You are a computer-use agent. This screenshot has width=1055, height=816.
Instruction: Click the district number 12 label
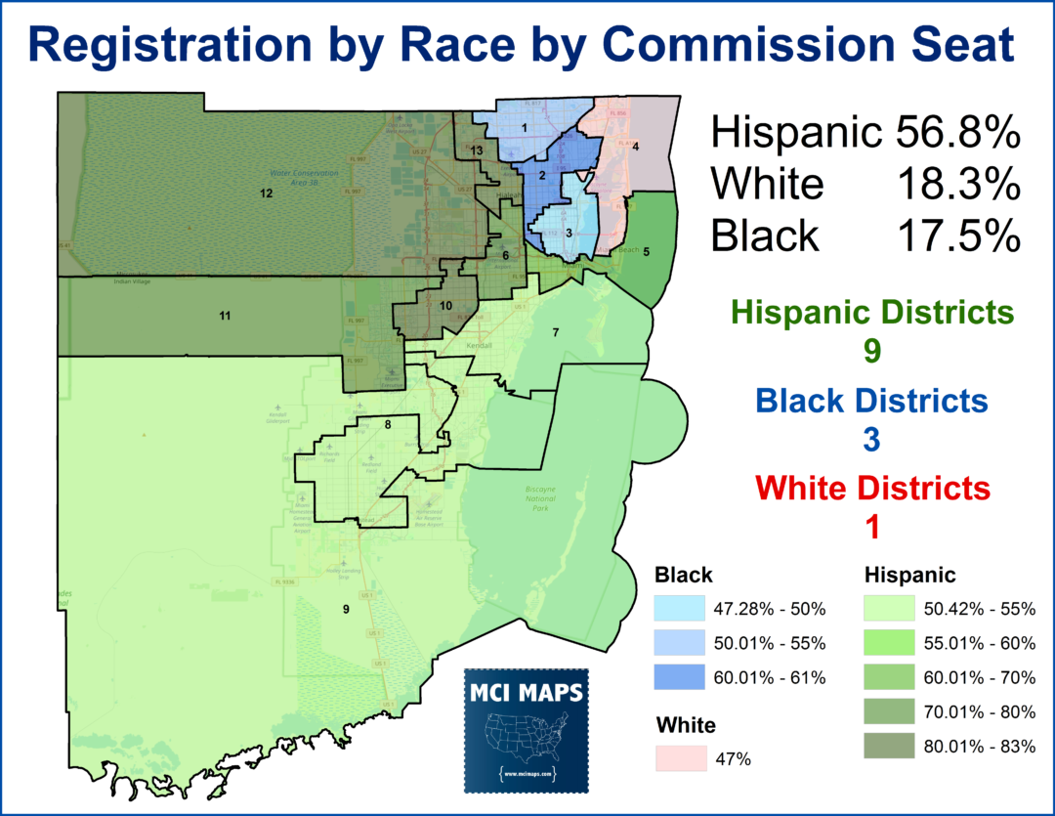(x=265, y=193)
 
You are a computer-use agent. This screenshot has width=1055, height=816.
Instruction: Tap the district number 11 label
(x=225, y=316)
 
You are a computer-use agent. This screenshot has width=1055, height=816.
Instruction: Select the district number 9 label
(x=345, y=610)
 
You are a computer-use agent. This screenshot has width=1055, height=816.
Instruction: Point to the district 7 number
(x=555, y=334)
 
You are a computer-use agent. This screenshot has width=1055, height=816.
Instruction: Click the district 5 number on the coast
(x=646, y=251)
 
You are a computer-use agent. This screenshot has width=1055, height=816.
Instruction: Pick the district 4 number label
(x=635, y=147)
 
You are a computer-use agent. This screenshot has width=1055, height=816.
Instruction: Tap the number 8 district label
(x=388, y=425)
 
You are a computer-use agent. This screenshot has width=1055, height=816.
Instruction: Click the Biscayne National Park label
(x=540, y=498)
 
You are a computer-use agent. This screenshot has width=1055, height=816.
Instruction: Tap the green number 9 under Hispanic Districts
(x=872, y=351)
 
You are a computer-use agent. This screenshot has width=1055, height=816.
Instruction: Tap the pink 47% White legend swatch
(x=680, y=757)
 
